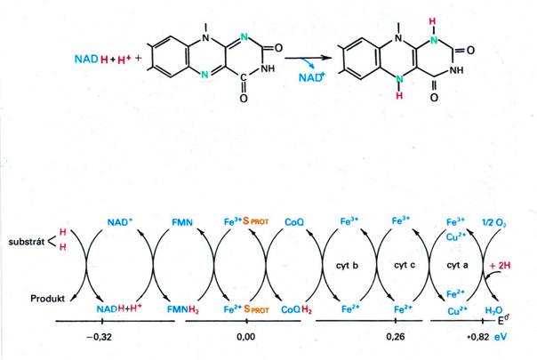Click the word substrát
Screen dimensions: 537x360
[27, 242]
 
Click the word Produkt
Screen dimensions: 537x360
[48, 299]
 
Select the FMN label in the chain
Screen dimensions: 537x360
[182, 222]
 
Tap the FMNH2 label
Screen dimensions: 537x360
[183, 309]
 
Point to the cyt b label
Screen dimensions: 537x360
[347, 266]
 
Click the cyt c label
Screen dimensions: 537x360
[405, 265]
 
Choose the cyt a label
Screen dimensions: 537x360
[457, 265]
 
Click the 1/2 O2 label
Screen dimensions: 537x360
[493, 222]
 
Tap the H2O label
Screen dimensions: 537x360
[493, 311]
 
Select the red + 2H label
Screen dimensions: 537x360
[500, 265]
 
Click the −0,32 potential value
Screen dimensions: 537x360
[99, 337]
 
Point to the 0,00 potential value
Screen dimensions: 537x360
[245, 337]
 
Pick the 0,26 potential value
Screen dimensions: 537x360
[396, 337]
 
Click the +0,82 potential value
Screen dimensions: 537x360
[477, 337]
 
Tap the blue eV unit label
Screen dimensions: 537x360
[500, 337]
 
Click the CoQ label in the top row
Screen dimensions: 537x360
[294, 222]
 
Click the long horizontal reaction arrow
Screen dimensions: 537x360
[309, 58]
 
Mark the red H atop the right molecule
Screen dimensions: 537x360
[433, 21]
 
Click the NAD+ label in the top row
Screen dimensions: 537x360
[119, 222]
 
